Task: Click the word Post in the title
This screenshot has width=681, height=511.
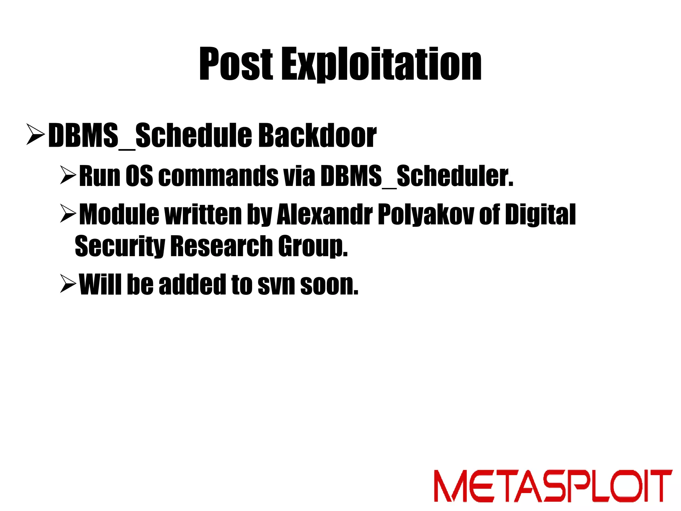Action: click(236, 64)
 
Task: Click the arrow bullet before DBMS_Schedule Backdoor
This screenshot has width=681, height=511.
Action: click(35, 135)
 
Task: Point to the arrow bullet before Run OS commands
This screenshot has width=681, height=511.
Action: click(68, 176)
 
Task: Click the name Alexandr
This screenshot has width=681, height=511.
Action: click(324, 215)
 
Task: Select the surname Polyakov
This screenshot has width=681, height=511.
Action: click(426, 215)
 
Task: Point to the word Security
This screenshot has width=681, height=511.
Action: click(120, 246)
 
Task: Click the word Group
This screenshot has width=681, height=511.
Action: click(313, 246)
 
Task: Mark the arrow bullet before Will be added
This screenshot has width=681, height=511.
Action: click(68, 283)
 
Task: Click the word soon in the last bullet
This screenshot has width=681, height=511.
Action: click(329, 284)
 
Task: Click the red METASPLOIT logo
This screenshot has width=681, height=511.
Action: click(553, 486)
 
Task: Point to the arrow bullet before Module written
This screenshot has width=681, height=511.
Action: click(68, 214)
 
